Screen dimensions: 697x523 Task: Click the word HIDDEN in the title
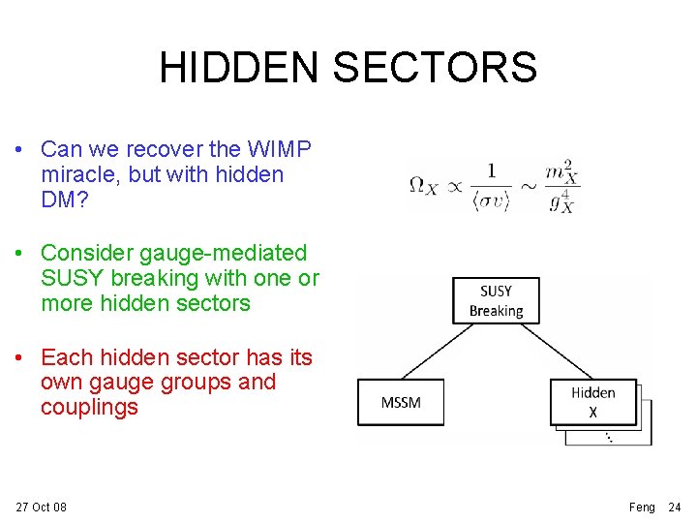[x=239, y=67]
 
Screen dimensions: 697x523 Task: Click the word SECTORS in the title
[x=435, y=67]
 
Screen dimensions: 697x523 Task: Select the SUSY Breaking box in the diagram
[x=496, y=300]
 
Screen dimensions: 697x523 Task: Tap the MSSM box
[x=401, y=401]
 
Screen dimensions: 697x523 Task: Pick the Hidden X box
[x=592, y=401]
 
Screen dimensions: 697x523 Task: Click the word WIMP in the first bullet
[x=280, y=150]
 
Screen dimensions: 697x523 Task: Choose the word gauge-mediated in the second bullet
[x=223, y=253]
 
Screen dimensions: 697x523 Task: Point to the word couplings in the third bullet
[x=89, y=407]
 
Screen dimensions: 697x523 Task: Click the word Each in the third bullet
[x=66, y=357]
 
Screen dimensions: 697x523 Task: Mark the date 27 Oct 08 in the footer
[x=42, y=508]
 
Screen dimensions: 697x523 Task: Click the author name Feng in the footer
[x=642, y=508]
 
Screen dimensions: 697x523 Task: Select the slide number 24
[x=675, y=508]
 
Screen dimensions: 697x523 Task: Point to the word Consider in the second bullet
[x=87, y=253]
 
